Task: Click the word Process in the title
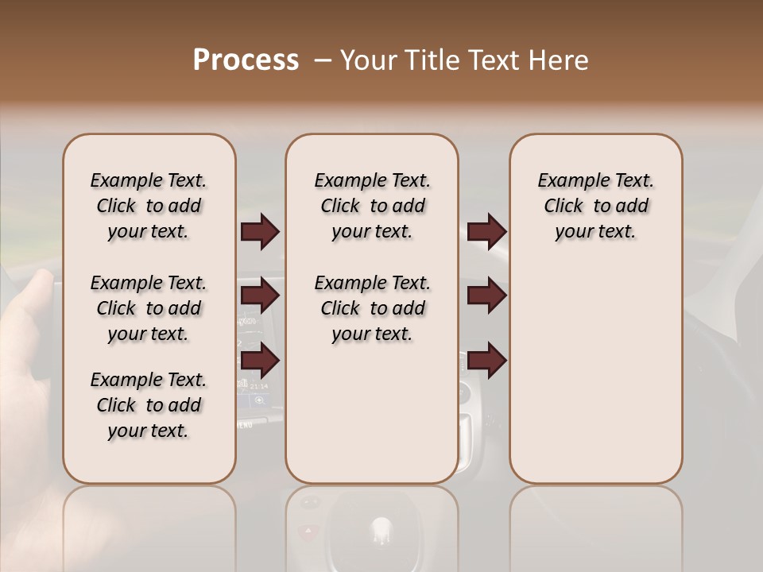pos(246,60)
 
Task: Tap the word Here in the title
pos(556,60)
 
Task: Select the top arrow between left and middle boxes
pos(260,232)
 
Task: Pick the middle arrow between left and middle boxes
pos(260,296)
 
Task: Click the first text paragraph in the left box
pos(149,206)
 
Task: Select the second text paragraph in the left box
pos(149,308)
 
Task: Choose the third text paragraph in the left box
pos(149,405)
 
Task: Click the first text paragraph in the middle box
pos(372,206)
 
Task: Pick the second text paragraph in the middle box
pos(372,308)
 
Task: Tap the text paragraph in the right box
pos(596,206)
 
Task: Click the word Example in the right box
pos(567,181)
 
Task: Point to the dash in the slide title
pos(323,60)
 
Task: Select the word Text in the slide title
pos(486,60)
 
